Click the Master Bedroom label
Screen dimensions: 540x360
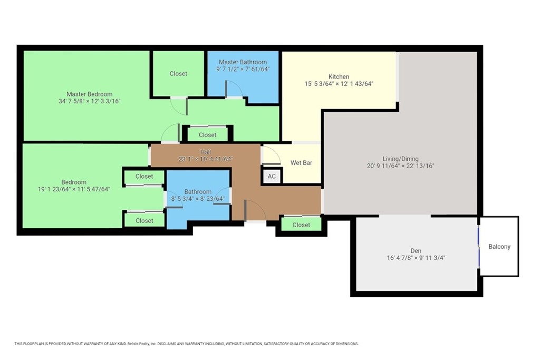tap(90, 94)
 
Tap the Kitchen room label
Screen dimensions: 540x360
tap(339, 76)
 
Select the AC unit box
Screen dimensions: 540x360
tap(272, 176)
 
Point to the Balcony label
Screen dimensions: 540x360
tap(499, 247)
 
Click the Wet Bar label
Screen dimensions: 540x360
tap(301, 162)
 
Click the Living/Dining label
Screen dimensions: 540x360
tap(401, 159)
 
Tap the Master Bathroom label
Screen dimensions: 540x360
tap(243, 62)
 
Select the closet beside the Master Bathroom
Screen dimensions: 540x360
tap(178, 74)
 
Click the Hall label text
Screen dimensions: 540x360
tap(206, 152)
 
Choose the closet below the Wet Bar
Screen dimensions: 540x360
tap(301, 225)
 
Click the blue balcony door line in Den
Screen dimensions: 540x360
tap(479, 247)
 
